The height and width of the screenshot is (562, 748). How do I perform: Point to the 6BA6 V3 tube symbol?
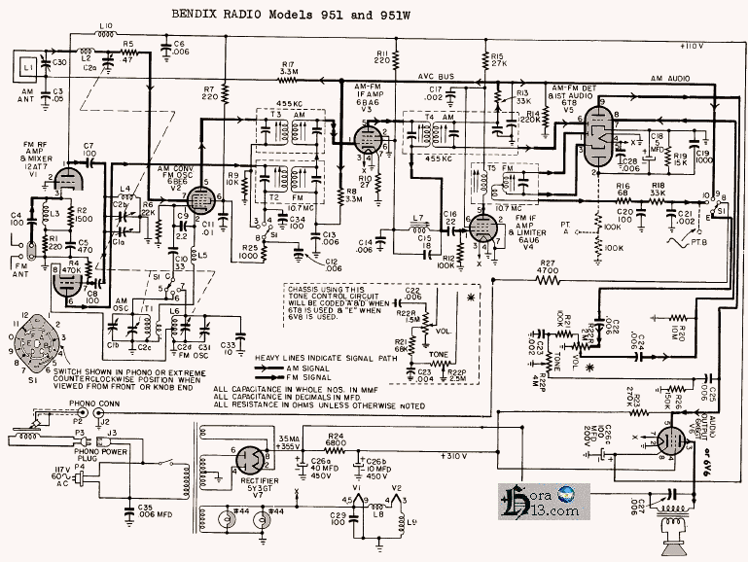(x=368, y=142)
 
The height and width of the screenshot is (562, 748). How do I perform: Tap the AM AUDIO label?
(x=665, y=75)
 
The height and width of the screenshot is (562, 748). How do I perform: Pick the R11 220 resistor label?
(x=381, y=56)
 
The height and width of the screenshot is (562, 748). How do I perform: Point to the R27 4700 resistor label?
(x=549, y=267)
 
